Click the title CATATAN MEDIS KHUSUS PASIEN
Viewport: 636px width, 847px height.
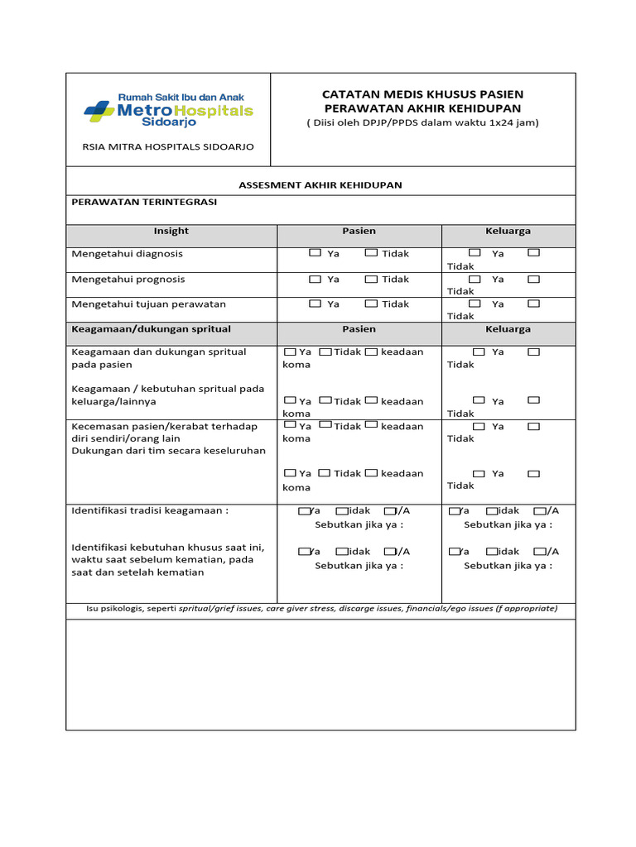pyautogui.click(x=422, y=94)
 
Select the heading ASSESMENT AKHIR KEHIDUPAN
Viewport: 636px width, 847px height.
pyautogui.click(x=320, y=184)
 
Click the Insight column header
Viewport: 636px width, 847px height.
pyautogui.click(x=171, y=231)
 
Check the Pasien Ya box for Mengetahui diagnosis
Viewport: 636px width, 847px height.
pyautogui.click(x=315, y=253)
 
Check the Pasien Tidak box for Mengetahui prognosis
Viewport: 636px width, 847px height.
pyautogui.click(x=371, y=279)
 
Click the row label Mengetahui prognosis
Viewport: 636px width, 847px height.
pyautogui.click(x=128, y=280)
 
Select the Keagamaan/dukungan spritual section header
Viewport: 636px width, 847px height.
pyautogui.click(x=151, y=329)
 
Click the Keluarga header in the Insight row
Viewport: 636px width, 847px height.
pyautogui.click(x=508, y=231)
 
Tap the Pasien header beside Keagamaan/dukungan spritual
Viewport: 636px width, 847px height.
pyautogui.click(x=359, y=329)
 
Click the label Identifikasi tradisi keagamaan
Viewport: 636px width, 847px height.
pyautogui.click(x=149, y=510)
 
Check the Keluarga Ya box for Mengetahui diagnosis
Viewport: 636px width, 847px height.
pyautogui.click(x=475, y=252)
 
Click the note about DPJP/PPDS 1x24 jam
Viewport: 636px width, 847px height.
pyautogui.click(x=422, y=122)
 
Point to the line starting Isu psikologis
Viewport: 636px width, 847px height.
pyautogui.click(x=320, y=609)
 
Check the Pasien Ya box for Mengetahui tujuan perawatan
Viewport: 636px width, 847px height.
pyautogui.click(x=315, y=304)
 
